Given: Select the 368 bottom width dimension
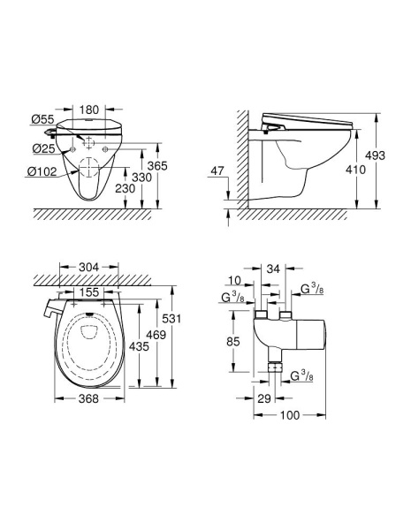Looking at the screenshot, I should [87, 398].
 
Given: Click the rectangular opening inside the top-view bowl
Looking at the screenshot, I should [88, 333].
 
